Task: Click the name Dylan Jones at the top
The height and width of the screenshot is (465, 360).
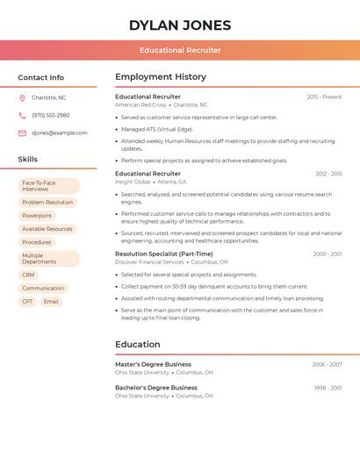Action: tap(180, 25)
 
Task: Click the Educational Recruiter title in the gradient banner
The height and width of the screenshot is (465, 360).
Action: tap(180, 50)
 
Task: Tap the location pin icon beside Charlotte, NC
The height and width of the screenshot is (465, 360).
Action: tap(22, 97)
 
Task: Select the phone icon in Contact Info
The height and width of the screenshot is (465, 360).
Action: tap(22, 115)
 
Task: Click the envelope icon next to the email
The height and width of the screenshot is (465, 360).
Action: tap(22, 132)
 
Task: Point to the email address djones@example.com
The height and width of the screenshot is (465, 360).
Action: tap(60, 132)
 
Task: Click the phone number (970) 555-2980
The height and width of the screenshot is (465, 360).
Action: tap(51, 115)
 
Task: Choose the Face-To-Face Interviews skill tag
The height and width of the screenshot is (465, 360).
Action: tap(48, 186)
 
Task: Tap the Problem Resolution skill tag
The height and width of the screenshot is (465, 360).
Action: tap(47, 202)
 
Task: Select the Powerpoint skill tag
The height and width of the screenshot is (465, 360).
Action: tap(37, 215)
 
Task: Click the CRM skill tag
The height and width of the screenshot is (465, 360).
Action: tap(29, 275)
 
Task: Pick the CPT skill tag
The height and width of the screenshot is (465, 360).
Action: tap(27, 301)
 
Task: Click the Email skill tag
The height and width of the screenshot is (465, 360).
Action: tap(51, 301)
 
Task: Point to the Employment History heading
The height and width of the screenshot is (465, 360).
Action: tap(161, 77)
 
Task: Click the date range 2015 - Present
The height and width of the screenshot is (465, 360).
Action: tap(324, 97)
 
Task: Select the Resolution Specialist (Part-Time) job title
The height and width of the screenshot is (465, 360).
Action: tap(164, 254)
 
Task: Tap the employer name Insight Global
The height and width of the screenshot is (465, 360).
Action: tap(133, 182)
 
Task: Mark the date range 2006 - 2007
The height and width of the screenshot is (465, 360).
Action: tap(327, 364)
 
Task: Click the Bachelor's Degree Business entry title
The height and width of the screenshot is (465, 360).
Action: tap(156, 388)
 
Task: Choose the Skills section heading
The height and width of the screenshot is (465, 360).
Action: tap(28, 159)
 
